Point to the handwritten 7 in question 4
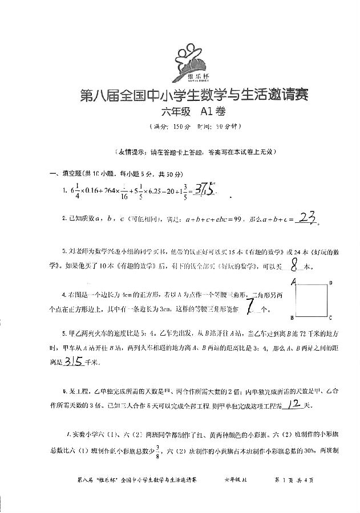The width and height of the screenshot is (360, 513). [x=249, y=307]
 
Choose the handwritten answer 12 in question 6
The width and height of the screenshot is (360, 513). [x=294, y=405]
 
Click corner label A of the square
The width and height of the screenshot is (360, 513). [x=292, y=282]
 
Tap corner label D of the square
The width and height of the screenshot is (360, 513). [x=331, y=283]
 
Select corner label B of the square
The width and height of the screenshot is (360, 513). [x=292, y=317]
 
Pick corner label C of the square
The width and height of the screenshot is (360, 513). [x=331, y=317]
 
